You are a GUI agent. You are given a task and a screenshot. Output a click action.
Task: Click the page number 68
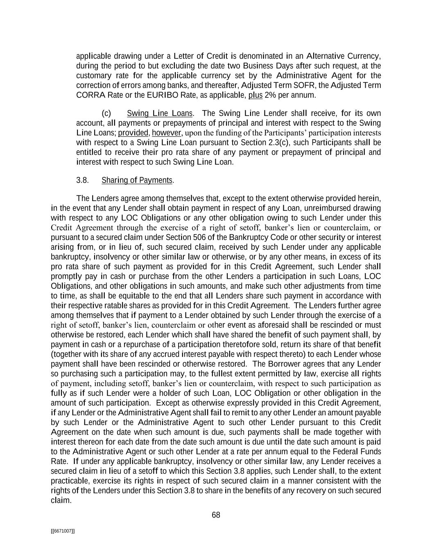(216, 515)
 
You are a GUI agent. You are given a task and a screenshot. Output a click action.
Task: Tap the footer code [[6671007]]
(63, 531)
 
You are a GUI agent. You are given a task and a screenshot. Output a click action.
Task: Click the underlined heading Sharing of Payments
(137, 180)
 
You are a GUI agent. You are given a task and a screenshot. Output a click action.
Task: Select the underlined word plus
(255, 95)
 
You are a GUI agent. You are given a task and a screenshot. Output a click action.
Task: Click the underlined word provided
(133, 133)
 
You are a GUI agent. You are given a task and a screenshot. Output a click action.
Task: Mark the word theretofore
(240, 344)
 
